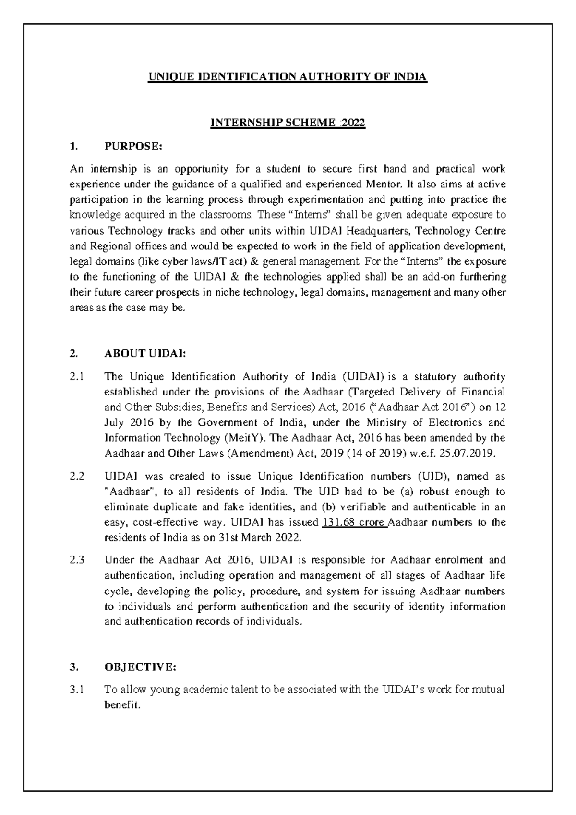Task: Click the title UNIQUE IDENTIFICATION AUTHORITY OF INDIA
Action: pyautogui.click(x=287, y=77)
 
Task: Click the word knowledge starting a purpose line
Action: pyautogui.click(x=92, y=215)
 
